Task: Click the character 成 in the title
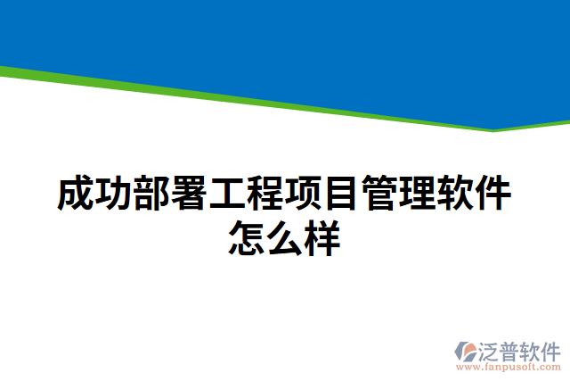pos(75,195)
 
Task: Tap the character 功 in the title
pos(113,195)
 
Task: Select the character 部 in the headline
pos(151,195)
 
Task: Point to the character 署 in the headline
pos(189,195)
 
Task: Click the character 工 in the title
pos(227,195)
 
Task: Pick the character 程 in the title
pos(265,195)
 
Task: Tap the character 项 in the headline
pos(304,195)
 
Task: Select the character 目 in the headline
pos(341,195)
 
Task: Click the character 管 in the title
pos(379,195)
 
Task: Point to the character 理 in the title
pos(418,195)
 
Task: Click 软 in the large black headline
pos(455,195)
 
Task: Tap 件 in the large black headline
pos(493,195)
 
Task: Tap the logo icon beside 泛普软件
pos(466,352)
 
